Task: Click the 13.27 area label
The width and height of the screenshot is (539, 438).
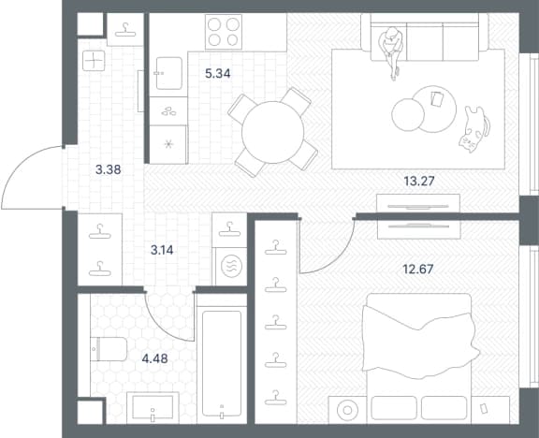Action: click(x=419, y=181)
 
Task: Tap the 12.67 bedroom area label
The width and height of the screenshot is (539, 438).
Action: click(x=418, y=269)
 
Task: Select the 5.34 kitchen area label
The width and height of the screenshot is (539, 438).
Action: click(x=218, y=73)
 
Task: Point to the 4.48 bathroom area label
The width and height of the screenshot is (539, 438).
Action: click(x=154, y=358)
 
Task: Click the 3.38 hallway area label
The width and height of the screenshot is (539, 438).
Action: click(x=109, y=169)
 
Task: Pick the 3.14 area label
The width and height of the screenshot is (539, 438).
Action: click(x=162, y=250)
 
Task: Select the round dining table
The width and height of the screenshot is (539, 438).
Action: click(x=272, y=132)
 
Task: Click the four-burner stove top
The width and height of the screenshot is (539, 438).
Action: click(x=224, y=32)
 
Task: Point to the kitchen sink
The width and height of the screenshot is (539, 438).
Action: click(x=168, y=73)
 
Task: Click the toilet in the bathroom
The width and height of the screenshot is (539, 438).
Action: click(x=109, y=349)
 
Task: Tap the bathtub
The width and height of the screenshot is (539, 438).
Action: click(x=222, y=364)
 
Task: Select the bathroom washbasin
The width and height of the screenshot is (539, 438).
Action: click(x=153, y=408)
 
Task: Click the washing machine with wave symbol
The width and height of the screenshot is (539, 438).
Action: click(x=229, y=267)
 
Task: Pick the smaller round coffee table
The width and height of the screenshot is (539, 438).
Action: click(x=408, y=115)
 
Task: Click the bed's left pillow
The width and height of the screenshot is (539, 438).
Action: click(x=394, y=408)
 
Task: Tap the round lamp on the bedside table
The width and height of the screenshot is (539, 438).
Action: click(x=347, y=410)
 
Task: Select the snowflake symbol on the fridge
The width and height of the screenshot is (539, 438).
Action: click(x=168, y=144)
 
